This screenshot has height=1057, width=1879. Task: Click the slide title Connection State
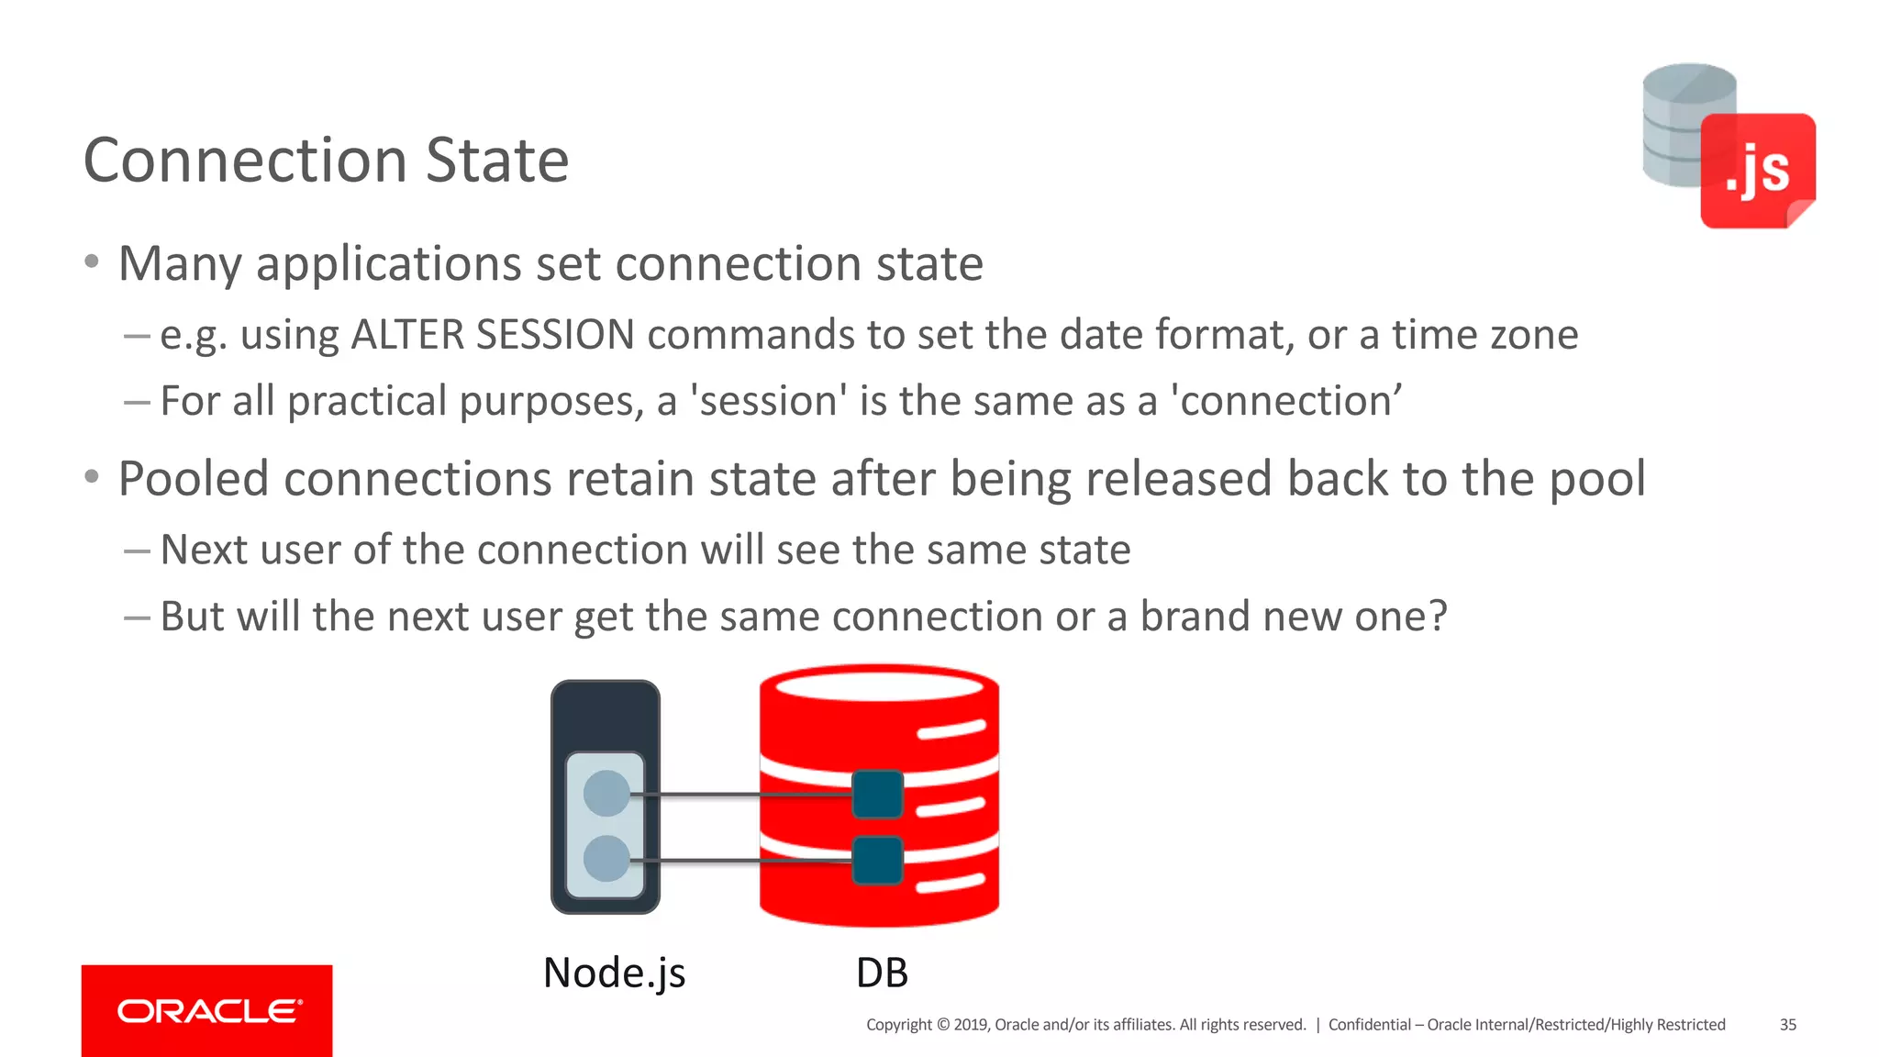326,161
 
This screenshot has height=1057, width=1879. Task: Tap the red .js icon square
1757,171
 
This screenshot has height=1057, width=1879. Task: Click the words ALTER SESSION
493,334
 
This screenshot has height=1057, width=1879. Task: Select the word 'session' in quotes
768,401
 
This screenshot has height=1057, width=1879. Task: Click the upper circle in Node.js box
606,794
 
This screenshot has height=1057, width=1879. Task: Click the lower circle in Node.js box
606,860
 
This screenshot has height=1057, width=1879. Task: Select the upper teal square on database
877,795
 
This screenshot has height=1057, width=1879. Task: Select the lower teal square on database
877,861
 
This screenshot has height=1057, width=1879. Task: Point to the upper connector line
743,795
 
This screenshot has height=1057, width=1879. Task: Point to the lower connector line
743,861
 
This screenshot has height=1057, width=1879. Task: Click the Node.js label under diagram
614,973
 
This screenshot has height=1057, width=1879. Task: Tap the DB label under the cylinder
882,973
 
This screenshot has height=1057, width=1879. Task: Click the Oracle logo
207,1011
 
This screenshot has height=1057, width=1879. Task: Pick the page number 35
1787,1025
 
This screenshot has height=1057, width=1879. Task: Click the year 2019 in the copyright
970,1025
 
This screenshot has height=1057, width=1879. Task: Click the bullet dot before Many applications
91,262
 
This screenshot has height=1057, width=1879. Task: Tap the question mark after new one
1438,616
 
